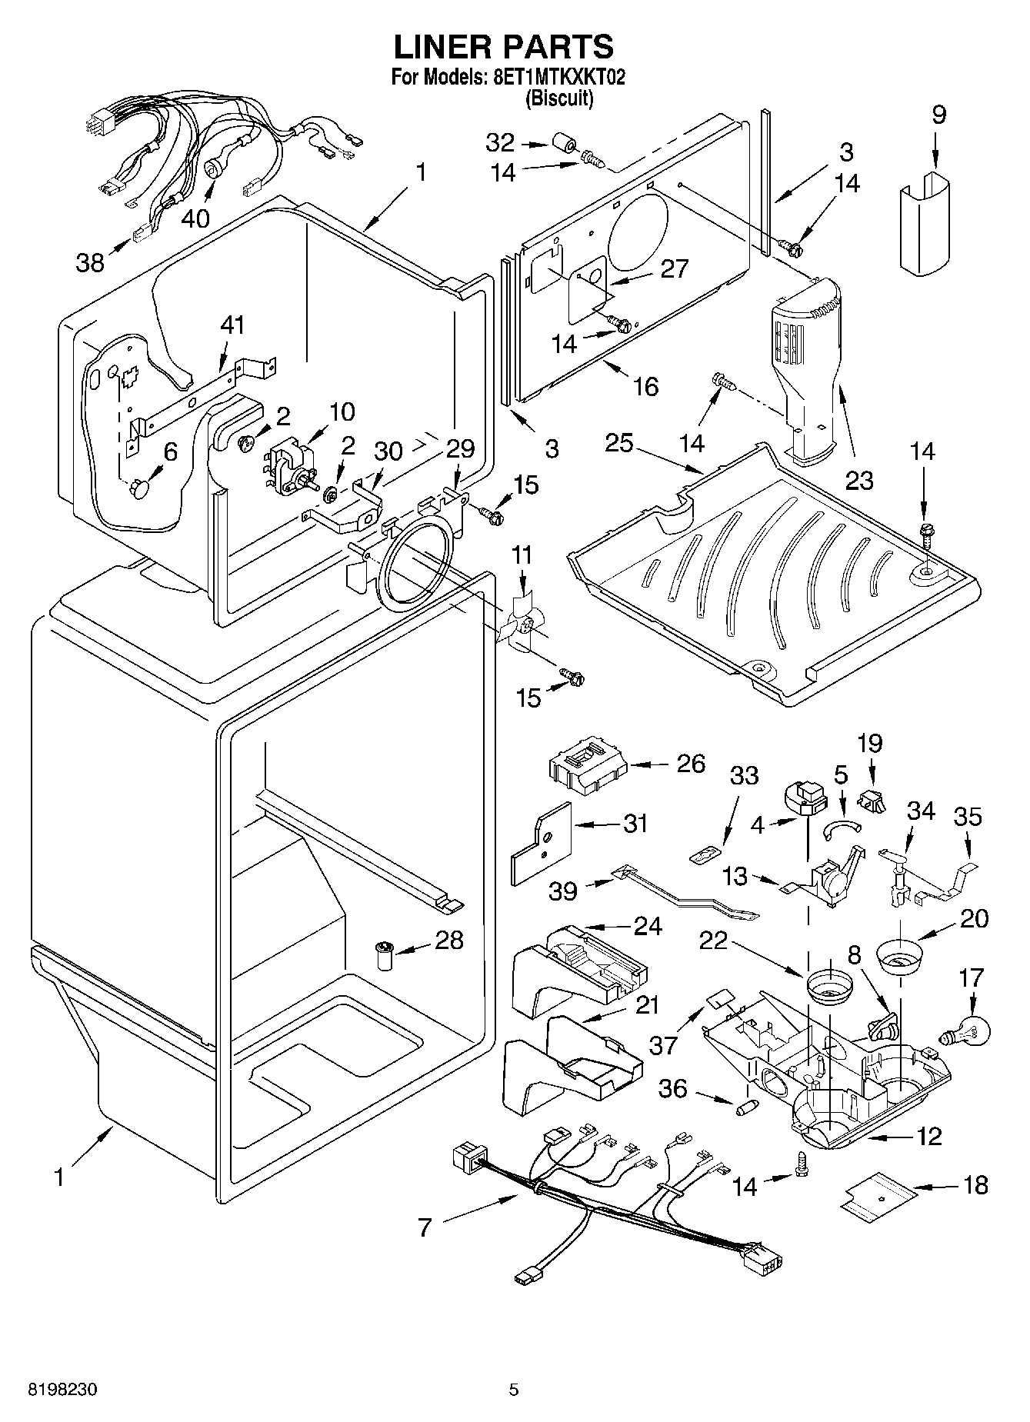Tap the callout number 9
click(938, 115)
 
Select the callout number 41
click(232, 325)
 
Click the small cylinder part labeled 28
click(382, 954)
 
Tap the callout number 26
click(690, 763)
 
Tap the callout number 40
click(195, 218)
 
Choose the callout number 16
click(645, 386)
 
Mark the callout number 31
click(635, 824)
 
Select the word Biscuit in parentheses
click(558, 99)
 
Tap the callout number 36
click(673, 1090)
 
